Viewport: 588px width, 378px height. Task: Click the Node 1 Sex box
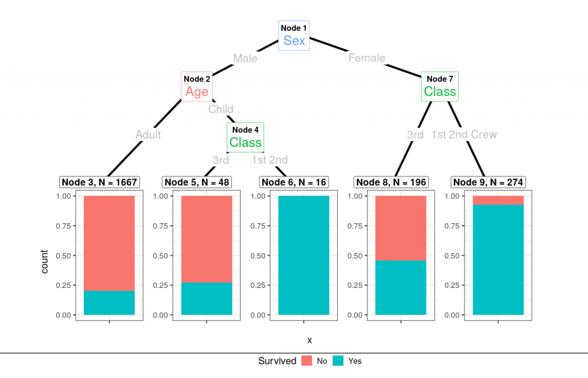pos(294,36)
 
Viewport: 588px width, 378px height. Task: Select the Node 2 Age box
pos(197,87)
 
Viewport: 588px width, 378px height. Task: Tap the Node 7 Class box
pos(440,87)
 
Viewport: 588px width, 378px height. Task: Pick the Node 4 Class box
pos(245,138)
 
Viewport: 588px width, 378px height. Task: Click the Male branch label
pos(245,59)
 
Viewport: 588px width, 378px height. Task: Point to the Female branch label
pos(367,58)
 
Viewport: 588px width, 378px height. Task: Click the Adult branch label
pos(148,135)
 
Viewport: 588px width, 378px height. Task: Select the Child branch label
pos(221,110)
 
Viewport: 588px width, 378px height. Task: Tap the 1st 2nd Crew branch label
pos(464,134)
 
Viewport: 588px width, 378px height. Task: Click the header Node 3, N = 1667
pos(99,182)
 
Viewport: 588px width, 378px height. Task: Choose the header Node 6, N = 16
pos(294,182)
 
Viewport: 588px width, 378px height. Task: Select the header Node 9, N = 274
pos(488,182)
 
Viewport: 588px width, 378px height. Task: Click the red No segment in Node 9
pos(498,200)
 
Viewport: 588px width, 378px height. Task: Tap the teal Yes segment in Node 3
pos(109,303)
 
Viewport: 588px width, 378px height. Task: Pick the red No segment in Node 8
pos(401,228)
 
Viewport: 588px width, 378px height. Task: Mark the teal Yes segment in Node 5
pos(207,299)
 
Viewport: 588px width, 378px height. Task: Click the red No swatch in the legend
pos(307,361)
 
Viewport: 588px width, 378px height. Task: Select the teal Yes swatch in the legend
pos(338,361)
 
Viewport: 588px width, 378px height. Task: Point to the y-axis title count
pos(45,262)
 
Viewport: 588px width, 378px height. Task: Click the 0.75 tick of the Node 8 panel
pos(355,226)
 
